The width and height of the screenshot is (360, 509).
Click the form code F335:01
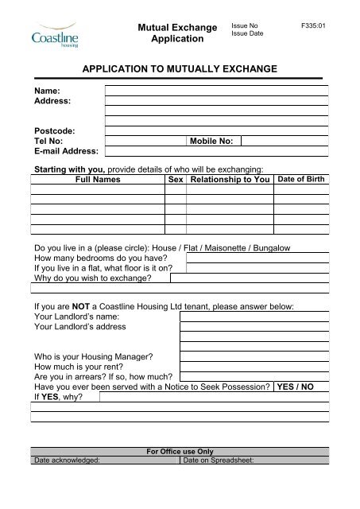(315, 26)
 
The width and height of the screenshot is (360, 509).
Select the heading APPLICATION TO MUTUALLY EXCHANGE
(179, 70)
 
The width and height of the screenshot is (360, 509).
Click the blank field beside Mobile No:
(284, 141)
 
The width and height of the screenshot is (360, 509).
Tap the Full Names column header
(98, 181)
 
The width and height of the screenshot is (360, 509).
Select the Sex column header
(176, 181)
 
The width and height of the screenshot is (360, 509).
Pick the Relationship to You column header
(229, 181)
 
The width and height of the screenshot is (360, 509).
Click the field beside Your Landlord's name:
(254, 316)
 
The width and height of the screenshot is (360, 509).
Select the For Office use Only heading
(180, 452)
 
